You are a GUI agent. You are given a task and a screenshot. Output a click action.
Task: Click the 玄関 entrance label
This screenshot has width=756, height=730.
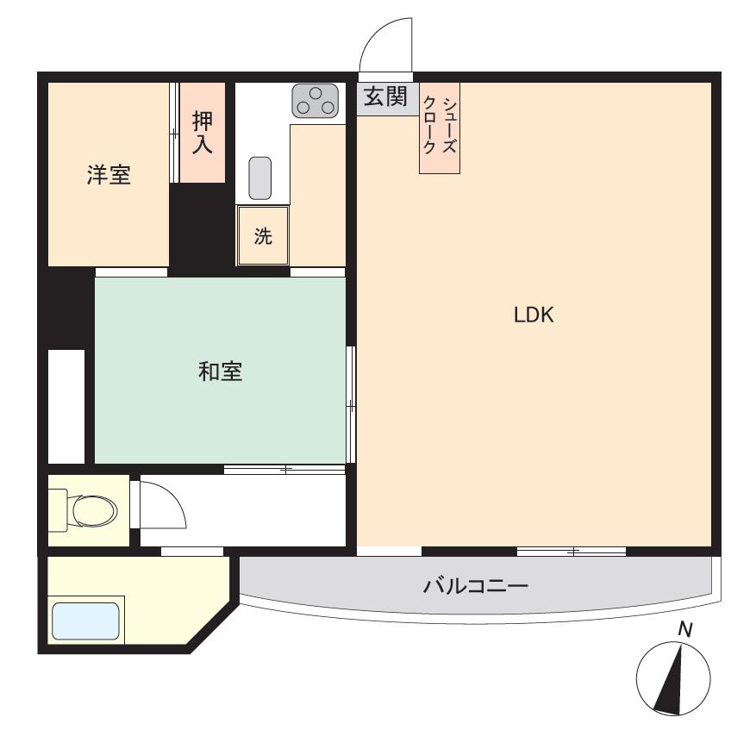point(385,97)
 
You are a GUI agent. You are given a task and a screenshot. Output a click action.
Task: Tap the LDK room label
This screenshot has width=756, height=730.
point(534,315)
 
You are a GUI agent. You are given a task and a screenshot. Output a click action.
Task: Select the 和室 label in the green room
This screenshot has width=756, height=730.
point(221,371)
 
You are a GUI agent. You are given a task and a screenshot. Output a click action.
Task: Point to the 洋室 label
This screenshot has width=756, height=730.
point(109,175)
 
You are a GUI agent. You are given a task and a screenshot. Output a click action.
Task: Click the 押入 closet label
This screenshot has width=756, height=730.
point(203,132)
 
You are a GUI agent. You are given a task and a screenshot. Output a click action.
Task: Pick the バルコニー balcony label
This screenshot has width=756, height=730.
point(476,586)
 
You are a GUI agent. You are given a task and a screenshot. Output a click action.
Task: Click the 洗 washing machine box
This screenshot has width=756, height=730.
point(263,236)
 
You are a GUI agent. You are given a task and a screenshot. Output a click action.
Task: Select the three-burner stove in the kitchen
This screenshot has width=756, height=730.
point(315,100)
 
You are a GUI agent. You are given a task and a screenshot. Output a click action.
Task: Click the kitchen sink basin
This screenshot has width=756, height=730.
point(259,178)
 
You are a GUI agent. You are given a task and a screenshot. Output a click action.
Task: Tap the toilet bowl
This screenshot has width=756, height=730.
point(94,509)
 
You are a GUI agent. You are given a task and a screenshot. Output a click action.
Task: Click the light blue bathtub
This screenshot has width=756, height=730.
point(85,621)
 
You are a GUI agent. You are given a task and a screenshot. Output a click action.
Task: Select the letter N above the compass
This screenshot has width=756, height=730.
point(684,630)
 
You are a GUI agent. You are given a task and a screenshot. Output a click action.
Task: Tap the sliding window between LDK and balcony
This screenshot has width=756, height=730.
point(572,552)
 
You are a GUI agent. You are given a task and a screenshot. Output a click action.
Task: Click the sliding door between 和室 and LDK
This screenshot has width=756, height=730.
point(352,404)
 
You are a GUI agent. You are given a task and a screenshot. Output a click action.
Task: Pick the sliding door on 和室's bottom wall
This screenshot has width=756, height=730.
point(284,470)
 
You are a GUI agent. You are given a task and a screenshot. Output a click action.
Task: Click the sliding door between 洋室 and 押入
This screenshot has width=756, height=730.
point(174,132)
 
